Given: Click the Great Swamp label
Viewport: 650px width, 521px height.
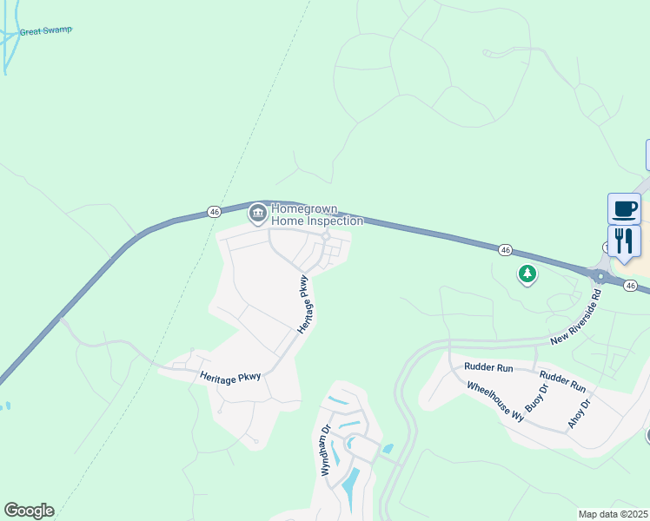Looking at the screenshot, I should pos(45,31).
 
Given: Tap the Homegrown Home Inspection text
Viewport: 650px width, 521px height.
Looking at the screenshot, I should pos(305,214).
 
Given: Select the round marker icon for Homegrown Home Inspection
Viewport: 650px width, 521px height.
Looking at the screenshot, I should pos(257,213).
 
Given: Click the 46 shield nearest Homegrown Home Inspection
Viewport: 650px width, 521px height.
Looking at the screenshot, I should pos(214,211).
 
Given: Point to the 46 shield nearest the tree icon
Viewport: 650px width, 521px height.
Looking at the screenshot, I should pos(505,249).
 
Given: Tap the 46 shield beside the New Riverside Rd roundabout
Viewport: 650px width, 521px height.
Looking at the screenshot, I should pos(631,285).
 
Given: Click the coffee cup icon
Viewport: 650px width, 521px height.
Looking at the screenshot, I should pos(624,209).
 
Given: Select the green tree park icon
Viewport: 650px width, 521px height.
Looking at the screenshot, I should pos(527,275).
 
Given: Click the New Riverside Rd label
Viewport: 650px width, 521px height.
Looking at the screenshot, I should pos(575,318).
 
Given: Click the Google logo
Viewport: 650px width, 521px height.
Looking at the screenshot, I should pos(29,511).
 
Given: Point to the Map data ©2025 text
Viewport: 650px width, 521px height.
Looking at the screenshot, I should pos(614,514).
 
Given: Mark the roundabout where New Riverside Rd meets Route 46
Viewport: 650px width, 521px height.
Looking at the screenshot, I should pos(599,277).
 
